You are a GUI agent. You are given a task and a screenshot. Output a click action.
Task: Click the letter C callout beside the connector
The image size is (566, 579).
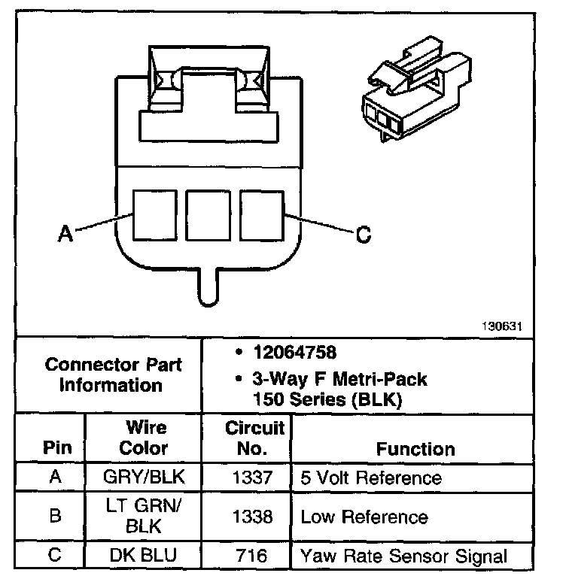[363, 235]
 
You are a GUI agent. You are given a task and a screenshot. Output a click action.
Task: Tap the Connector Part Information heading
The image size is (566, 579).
[113, 374]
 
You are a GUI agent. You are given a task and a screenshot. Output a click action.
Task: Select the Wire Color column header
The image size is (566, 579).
[145, 438]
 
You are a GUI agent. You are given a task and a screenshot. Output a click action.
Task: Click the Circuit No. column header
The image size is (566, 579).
[255, 438]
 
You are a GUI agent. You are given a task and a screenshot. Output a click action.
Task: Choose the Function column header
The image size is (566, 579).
[415, 449]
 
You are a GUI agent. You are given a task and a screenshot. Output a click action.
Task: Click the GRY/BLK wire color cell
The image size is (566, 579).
[145, 477]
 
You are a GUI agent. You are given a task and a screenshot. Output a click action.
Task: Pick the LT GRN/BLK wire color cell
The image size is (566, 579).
[145, 517]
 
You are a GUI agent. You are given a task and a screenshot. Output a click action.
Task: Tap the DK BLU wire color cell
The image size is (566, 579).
[145, 556]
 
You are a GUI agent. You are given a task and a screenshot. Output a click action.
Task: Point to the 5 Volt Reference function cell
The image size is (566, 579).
[371, 477]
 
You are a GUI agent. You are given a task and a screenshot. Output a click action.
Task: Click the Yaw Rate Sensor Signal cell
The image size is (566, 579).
[404, 556]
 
